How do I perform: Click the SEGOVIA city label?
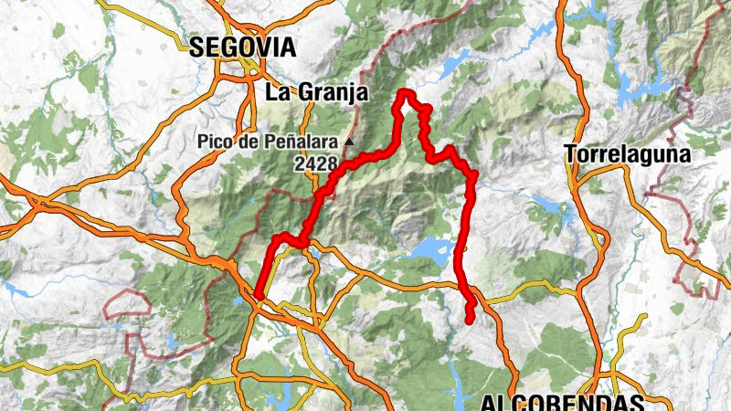pyautogui.click(x=243, y=47)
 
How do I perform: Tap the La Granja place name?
pyautogui.click(x=315, y=92)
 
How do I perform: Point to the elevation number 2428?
pyautogui.click(x=316, y=164)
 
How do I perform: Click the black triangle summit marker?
pyautogui.click(x=350, y=142)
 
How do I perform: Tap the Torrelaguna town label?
pyautogui.click(x=627, y=154)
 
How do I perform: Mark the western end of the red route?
pyautogui.click(x=260, y=295)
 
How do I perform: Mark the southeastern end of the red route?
pyautogui.click(x=471, y=320)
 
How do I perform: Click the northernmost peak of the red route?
pyautogui.click(x=403, y=92)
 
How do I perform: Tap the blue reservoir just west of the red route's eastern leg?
pyautogui.click(x=428, y=248)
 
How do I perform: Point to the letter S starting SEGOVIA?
pyautogui.click(x=196, y=47)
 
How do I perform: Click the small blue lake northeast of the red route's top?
pyautogui.click(x=452, y=64)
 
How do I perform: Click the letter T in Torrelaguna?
pyautogui.click(x=571, y=154)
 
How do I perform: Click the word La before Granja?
pyautogui.click(x=277, y=92)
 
